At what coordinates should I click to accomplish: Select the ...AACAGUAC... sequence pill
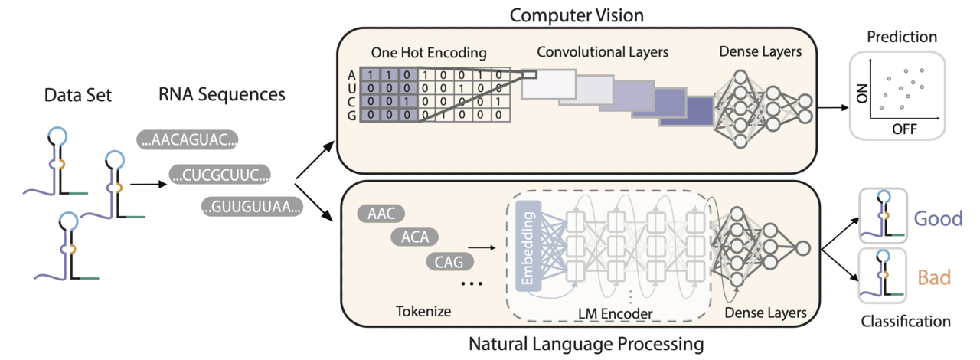(x=188, y=140)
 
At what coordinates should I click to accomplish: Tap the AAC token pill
(x=381, y=214)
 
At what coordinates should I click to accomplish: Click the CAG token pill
(x=448, y=262)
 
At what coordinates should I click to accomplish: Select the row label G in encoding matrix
(x=351, y=116)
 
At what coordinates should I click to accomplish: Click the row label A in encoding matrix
(x=351, y=75)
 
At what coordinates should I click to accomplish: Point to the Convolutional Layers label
(x=603, y=52)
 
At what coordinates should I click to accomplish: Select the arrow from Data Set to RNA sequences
(x=147, y=184)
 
